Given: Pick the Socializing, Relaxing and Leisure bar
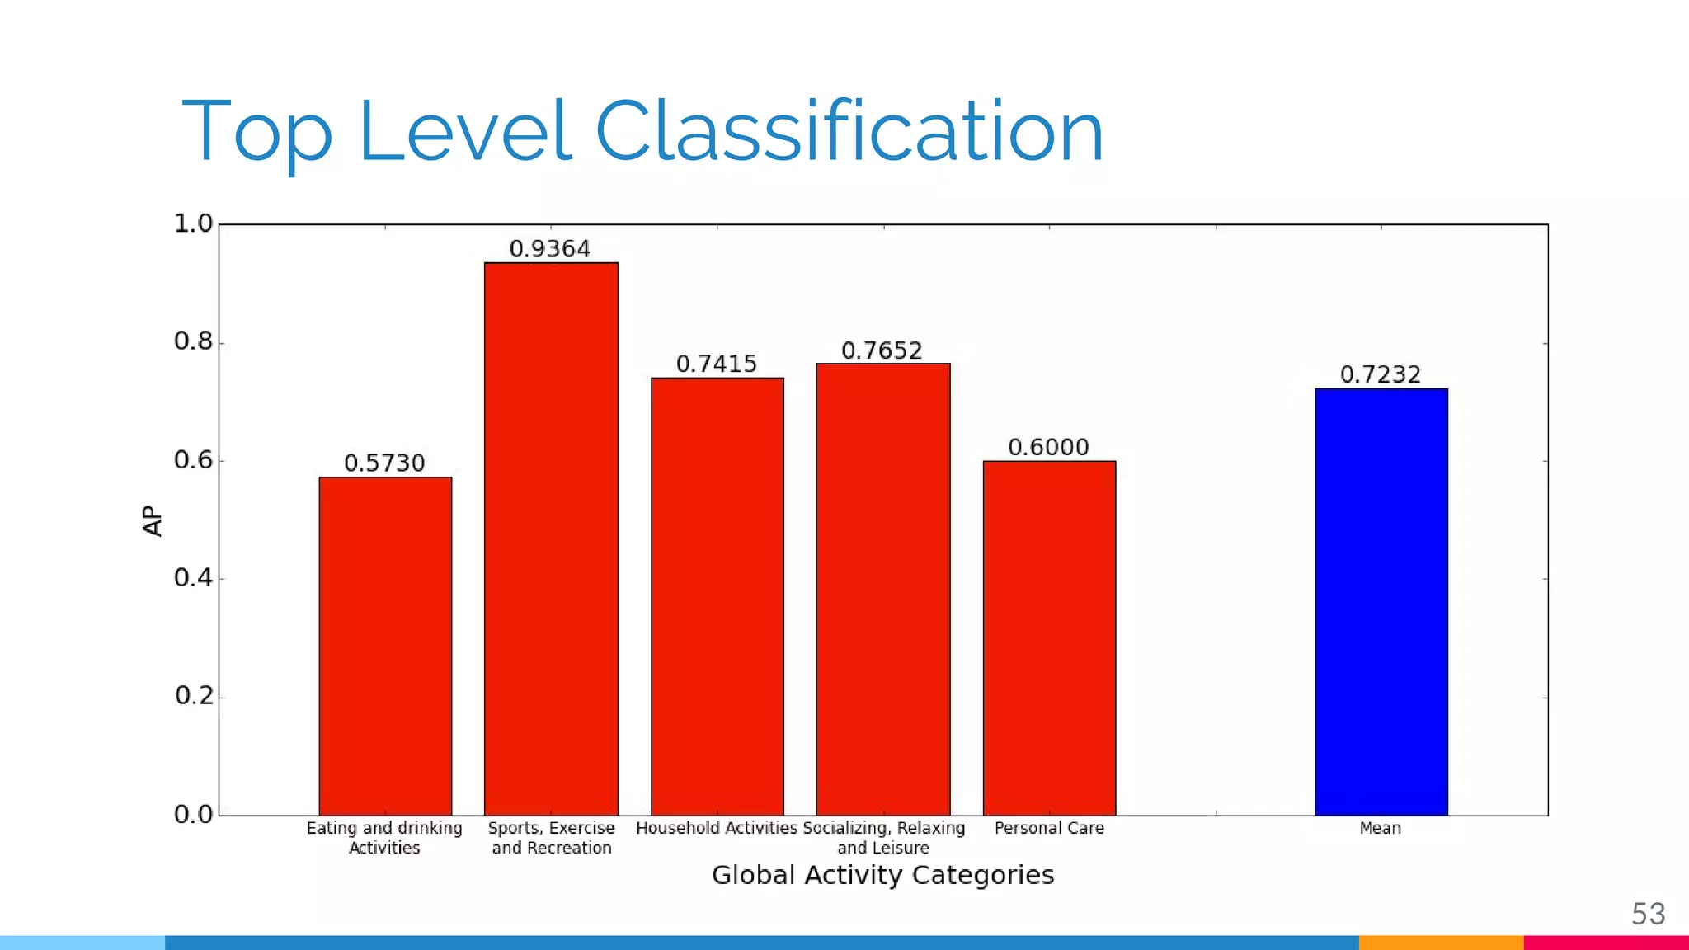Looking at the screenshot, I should point(883,589).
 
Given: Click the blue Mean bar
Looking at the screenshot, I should point(1381,601).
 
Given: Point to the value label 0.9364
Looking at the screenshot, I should point(550,249).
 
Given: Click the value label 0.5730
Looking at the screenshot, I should point(384,463).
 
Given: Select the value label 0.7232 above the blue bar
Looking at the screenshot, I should point(1381,375).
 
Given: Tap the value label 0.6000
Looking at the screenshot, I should point(1048,448).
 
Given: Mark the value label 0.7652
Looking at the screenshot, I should point(882,351).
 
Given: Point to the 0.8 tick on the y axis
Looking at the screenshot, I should point(193,341).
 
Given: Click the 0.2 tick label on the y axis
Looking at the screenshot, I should point(193,696).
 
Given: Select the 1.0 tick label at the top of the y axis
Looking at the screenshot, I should point(193,223).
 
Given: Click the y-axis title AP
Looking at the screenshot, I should point(153,520).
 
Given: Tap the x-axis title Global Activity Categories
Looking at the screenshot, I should point(882,875).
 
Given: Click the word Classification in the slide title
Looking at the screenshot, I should point(849,132).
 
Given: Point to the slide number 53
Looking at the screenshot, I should point(1648,914).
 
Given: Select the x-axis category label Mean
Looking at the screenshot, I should point(1381,828).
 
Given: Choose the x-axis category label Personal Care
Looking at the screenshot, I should point(1049,828).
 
